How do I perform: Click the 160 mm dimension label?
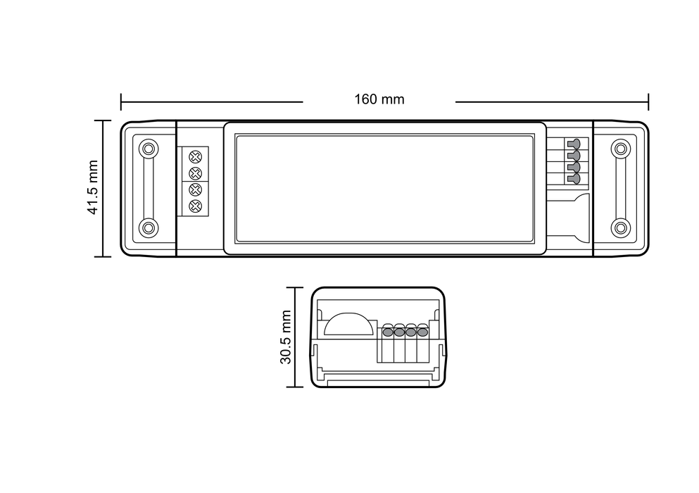379,99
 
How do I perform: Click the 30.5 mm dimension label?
285,337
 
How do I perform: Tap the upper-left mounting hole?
148,149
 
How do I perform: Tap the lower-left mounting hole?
148,227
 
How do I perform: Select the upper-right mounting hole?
620,149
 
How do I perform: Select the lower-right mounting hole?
620,227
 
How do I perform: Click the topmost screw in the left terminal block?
196,156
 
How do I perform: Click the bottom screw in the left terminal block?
196,206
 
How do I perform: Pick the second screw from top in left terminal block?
196,173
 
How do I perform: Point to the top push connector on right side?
574,144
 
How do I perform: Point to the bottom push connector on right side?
574,179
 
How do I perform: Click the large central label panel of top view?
384,187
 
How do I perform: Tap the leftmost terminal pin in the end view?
388,330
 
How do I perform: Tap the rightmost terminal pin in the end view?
422,330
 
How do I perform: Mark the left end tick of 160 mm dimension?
121,102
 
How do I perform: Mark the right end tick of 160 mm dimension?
648,102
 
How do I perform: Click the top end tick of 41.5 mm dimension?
103,121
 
